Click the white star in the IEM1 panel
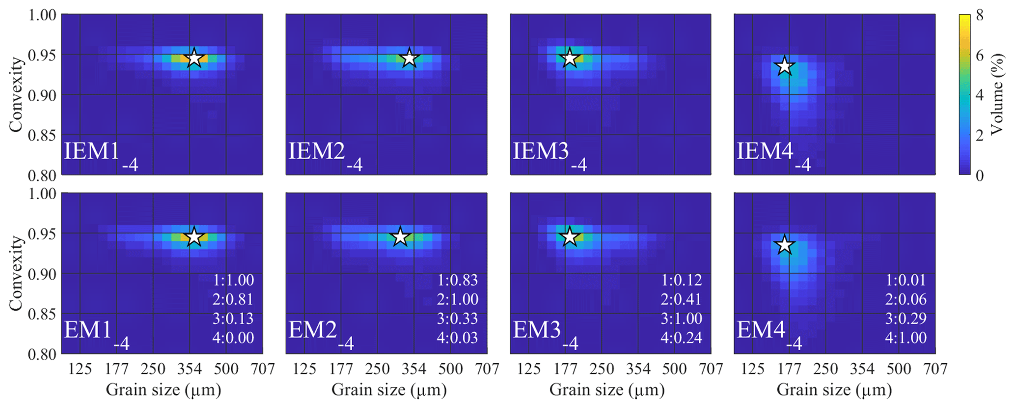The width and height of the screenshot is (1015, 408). pos(194,58)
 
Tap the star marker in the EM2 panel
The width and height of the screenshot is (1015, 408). pos(401,237)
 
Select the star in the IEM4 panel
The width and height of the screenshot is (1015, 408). pos(784,66)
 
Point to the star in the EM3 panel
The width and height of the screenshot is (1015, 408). pos(570,237)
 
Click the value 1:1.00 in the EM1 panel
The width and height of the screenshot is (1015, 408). pos(233,280)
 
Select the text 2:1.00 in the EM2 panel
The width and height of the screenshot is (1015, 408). pos(457,299)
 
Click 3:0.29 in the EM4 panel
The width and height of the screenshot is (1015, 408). pos(905,319)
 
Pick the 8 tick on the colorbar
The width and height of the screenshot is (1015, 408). pos(980,15)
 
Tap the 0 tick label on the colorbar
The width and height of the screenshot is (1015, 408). pos(980,175)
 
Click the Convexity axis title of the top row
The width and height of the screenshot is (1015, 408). pos(16,94)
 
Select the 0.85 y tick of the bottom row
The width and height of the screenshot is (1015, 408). pos(42,314)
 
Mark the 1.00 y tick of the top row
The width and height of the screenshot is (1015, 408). pos(42,15)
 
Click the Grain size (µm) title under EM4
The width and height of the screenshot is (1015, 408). pos(834,390)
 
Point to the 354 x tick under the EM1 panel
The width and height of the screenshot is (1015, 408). pos(190,369)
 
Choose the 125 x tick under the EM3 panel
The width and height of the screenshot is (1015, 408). pos(528,369)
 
